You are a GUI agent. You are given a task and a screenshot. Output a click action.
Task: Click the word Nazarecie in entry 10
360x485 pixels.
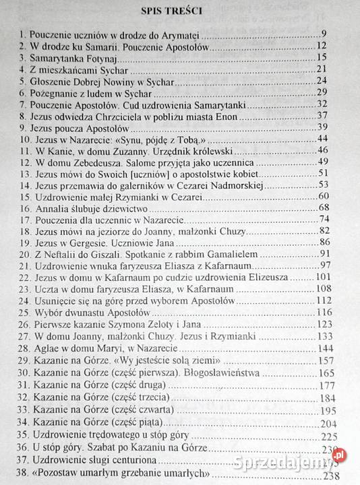90,138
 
